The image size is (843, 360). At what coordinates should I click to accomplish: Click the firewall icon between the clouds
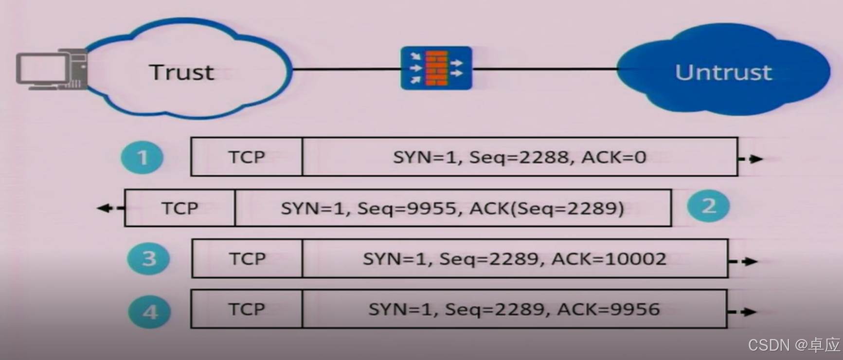click(x=436, y=68)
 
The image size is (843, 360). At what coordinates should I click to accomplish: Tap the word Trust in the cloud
click(x=181, y=72)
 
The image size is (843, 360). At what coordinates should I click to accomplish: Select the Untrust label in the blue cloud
click(x=723, y=72)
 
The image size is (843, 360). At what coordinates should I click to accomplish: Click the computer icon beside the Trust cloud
click(x=52, y=70)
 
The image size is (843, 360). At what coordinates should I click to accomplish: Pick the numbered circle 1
click(x=142, y=158)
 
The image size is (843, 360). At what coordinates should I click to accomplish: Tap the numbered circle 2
click(x=708, y=206)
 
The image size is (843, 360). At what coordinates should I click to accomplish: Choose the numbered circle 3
click(x=149, y=258)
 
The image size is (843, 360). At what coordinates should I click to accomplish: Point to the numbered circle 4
click(x=149, y=311)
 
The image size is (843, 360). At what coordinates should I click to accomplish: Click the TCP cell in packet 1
click(x=247, y=157)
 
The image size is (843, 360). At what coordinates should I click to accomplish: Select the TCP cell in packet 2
click(x=180, y=208)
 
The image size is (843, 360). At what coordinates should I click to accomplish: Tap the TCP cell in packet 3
click(x=247, y=259)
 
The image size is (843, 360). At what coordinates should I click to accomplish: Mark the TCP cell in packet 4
click(x=247, y=309)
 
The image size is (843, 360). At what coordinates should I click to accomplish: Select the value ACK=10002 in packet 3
click(x=609, y=259)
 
